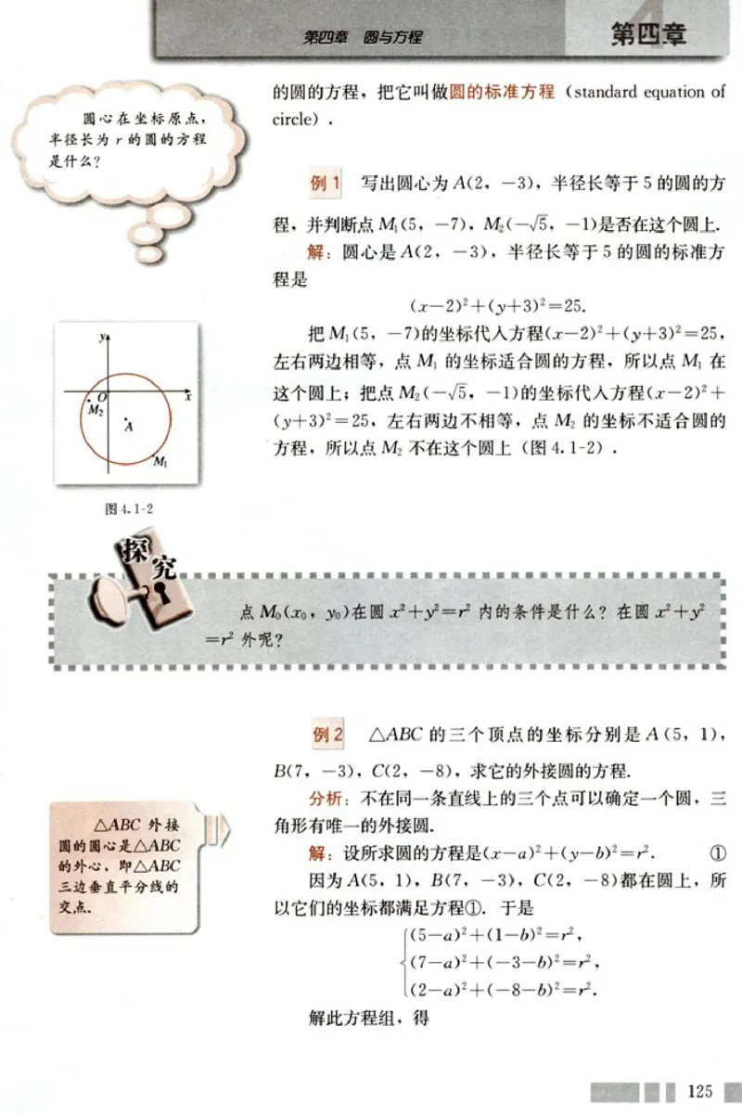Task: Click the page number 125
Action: coord(701,1090)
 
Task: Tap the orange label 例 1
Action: coord(326,183)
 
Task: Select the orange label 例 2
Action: coord(326,735)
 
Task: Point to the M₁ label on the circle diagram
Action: coord(160,461)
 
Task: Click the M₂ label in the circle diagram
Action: coord(94,409)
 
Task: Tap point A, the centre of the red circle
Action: coord(127,424)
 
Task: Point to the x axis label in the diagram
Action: coord(187,396)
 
